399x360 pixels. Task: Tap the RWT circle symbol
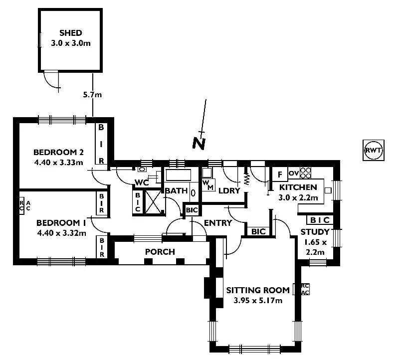[374, 150]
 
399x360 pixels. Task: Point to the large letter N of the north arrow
[199, 143]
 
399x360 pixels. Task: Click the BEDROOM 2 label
[58, 152]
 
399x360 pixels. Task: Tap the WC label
[142, 182]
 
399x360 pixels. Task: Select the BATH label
[176, 191]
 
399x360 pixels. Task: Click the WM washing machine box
[207, 184]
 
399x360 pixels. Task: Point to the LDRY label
[229, 190]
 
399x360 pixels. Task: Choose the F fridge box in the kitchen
[280, 174]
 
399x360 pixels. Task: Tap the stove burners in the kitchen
[306, 173]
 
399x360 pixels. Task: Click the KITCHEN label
[298, 187]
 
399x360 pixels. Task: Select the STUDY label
[315, 232]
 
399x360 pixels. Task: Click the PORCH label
[160, 251]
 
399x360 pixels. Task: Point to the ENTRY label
[218, 223]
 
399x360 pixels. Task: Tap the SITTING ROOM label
[258, 290]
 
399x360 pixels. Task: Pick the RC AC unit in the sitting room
[305, 289]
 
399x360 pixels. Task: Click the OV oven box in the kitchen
[293, 173]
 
